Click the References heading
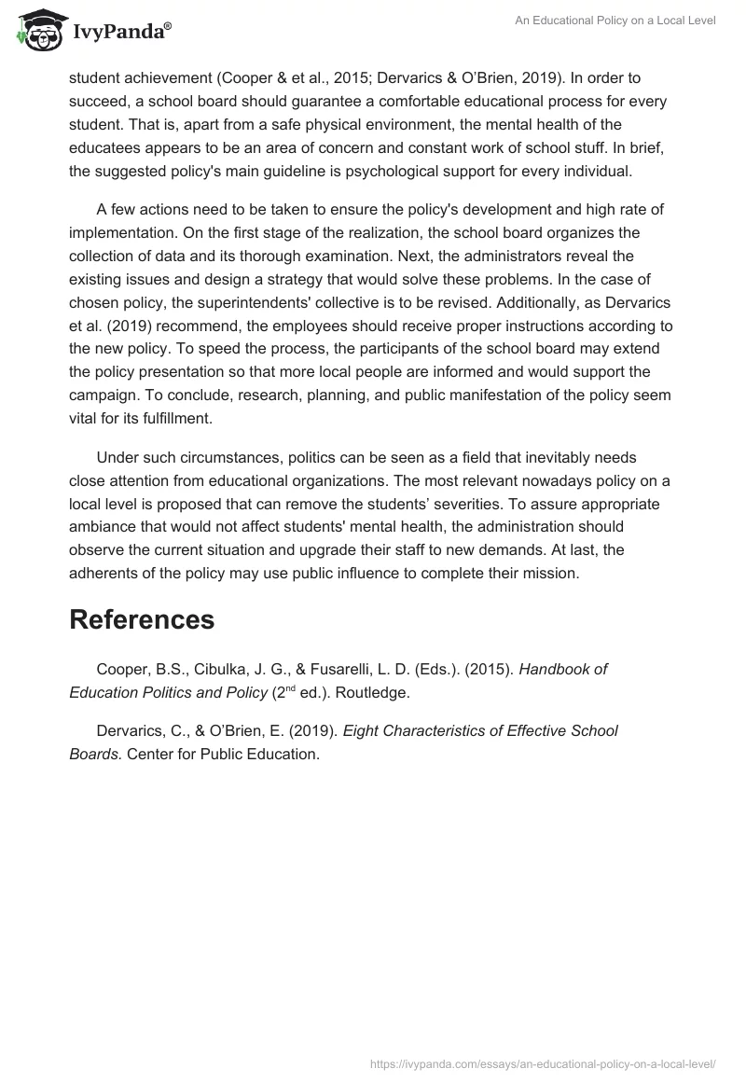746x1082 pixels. click(142, 619)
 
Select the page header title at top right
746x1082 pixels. click(615, 21)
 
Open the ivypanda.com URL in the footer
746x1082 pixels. click(542, 1062)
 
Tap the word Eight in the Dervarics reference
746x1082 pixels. click(362, 731)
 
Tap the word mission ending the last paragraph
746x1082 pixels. click(551, 573)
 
